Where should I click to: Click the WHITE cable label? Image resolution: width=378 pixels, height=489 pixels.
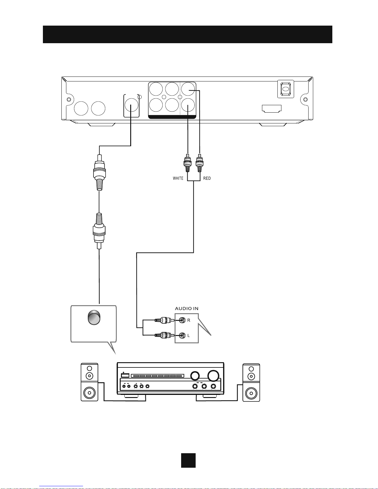pos(178,178)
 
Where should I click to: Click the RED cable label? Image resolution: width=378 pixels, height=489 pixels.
pos(207,178)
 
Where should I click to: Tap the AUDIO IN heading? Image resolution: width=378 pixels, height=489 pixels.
pos(187,309)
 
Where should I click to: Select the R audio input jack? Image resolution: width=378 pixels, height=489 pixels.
pos(182,320)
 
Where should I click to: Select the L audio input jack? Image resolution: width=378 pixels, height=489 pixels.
pos(182,335)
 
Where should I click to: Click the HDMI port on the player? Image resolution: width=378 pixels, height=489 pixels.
pos(272,108)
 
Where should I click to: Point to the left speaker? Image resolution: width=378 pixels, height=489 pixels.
pos(89,382)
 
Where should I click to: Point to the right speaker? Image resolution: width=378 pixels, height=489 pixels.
pos(251,383)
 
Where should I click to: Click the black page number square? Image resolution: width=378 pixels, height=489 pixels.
pos(188,460)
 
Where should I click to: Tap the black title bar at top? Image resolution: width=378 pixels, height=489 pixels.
pos(187,34)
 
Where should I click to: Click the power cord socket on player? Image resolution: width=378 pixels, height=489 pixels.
pos(286,89)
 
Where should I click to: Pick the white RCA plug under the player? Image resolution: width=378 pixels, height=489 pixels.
pos(188,163)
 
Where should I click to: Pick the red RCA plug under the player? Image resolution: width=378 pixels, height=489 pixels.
pos(200,163)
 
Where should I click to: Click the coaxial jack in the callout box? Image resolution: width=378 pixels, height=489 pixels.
pos(94,317)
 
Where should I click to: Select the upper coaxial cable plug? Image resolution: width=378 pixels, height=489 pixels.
pos(99,173)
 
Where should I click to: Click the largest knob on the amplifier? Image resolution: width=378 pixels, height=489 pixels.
pos(213,375)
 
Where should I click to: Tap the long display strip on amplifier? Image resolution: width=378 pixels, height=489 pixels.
pos(157,376)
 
